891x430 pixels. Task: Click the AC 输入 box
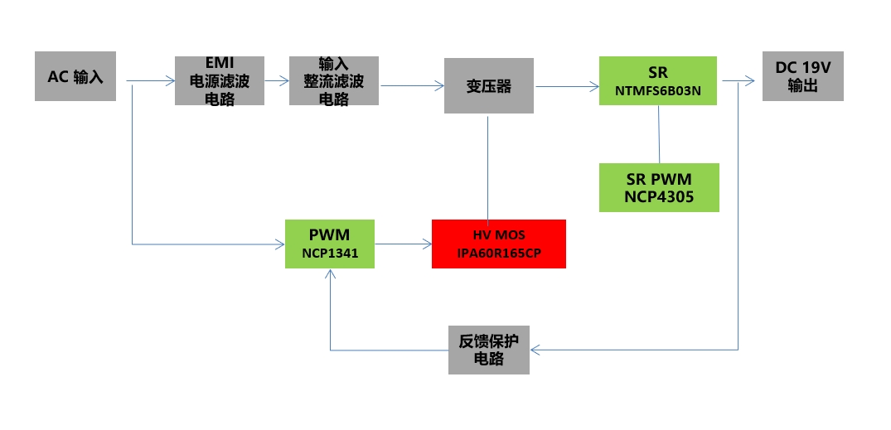click(75, 76)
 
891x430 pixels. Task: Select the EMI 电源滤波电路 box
click(220, 80)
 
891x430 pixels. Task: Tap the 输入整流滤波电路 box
click(334, 80)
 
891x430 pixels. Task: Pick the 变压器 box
click(489, 86)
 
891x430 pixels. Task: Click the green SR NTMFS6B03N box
click(658, 80)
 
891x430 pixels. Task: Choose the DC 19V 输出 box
click(802, 76)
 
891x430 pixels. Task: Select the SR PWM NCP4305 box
click(658, 187)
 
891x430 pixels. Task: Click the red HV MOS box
click(498, 244)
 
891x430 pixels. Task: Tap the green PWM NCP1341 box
click(329, 244)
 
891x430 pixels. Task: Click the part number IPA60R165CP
click(499, 253)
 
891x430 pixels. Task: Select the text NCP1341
click(329, 253)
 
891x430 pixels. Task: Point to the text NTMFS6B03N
click(659, 90)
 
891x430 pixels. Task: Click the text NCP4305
click(659, 197)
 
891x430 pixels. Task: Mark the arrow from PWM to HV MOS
click(403, 244)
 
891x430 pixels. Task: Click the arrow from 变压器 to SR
click(567, 86)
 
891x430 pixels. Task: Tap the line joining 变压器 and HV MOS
click(488, 167)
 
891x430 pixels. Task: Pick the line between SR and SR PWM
click(659, 134)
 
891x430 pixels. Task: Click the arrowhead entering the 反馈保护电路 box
click(535, 350)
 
